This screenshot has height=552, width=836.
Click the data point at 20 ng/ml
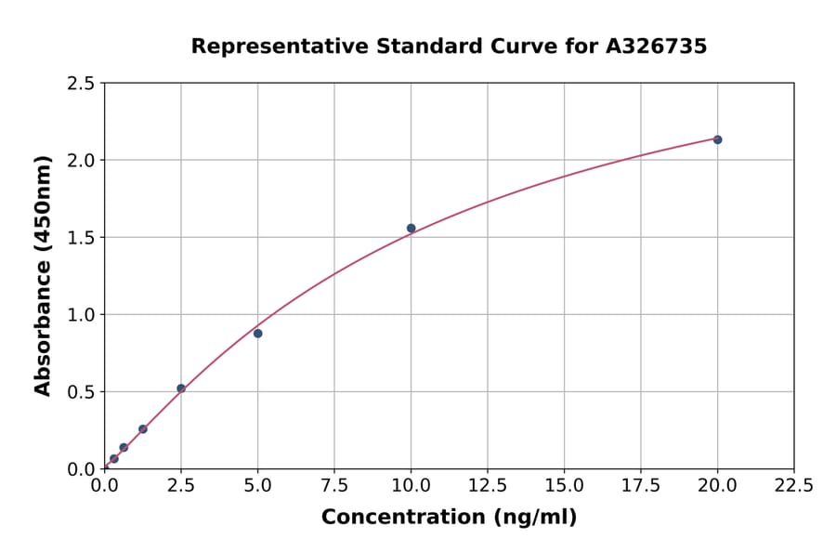tap(717, 139)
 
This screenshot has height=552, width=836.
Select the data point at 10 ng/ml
tap(411, 228)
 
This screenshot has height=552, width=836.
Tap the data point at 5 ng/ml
tap(257, 333)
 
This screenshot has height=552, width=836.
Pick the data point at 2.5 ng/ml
tap(181, 388)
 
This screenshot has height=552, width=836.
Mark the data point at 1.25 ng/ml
tap(143, 428)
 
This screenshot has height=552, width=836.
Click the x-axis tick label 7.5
tap(334, 485)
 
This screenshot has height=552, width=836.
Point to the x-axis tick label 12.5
tap(488, 485)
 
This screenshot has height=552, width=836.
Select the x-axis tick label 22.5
tap(794, 485)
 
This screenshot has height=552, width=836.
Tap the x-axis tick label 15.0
tap(564, 485)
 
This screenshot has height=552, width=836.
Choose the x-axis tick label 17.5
tap(641, 485)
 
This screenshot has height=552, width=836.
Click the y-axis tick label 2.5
tap(82, 84)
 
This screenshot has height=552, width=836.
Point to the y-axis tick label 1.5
tap(82, 238)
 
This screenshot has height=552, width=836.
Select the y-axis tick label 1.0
tap(82, 315)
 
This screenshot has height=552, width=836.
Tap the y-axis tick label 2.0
tap(82, 161)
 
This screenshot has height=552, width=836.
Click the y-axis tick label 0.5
tap(82, 392)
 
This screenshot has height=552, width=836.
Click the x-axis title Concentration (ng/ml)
tap(449, 517)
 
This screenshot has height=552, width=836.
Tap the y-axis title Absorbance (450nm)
tap(43, 276)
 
